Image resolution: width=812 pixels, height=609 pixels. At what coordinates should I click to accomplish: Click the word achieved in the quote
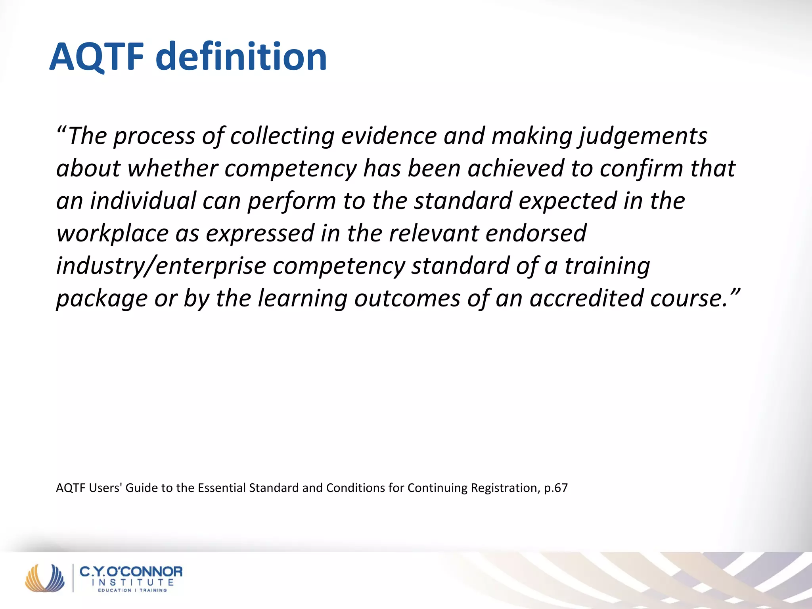(515, 169)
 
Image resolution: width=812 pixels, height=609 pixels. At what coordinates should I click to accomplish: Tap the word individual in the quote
(143, 201)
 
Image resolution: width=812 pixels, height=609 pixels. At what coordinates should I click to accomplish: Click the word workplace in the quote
(113, 234)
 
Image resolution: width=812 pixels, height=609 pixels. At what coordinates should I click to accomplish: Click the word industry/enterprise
(161, 266)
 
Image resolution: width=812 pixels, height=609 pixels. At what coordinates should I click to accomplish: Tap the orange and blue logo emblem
(44, 578)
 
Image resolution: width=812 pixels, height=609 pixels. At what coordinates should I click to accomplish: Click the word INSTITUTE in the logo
(132, 582)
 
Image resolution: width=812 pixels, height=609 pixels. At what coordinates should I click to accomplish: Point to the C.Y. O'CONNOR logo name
(131, 572)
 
